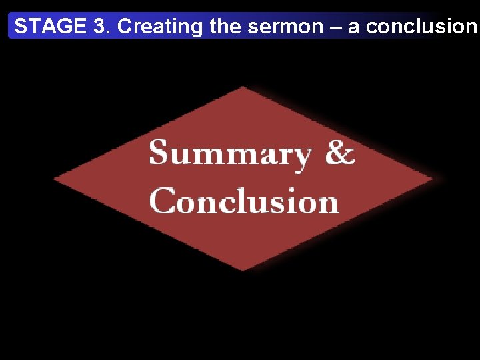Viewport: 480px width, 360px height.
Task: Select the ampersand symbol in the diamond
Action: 339,153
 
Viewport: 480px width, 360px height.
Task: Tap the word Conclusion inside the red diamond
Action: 244,201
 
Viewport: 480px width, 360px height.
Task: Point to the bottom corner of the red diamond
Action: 243,270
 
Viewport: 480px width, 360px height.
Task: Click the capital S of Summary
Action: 159,153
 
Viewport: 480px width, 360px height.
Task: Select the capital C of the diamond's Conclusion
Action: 163,201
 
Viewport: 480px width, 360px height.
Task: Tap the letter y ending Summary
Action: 302,158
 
